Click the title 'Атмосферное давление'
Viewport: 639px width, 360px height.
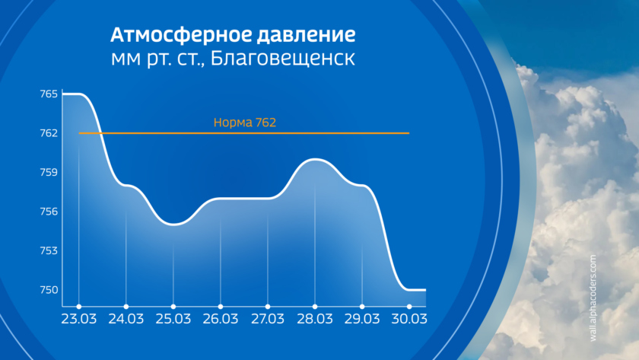[x=233, y=35]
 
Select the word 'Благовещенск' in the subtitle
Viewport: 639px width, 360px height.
[x=282, y=59]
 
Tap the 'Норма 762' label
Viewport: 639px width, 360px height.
[x=245, y=123]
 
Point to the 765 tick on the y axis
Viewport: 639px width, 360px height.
[x=49, y=94]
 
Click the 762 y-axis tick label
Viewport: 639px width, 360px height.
[x=49, y=133]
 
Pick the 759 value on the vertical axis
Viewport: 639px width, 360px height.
[x=49, y=173]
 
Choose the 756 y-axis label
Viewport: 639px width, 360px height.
[x=49, y=212]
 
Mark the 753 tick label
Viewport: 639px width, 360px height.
[x=49, y=250]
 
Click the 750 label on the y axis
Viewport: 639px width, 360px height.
[x=49, y=290]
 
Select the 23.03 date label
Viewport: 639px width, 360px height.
[x=78, y=319]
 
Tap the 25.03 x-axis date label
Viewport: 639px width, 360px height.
[x=173, y=319]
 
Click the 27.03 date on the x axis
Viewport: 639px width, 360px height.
[x=268, y=319]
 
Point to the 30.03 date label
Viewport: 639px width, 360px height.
[x=409, y=319]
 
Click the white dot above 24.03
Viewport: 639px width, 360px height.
[x=126, y=307]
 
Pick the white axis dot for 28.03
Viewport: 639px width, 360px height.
[x=315, y=307]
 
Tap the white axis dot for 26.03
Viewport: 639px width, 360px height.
[x=221, y=307]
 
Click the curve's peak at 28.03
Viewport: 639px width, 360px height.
[x=315, y=159]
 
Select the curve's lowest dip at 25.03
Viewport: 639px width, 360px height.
[x=173, y=225]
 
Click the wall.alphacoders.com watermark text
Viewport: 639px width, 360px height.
[x=593, y=298]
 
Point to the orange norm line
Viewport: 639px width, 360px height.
[x=244, y=133]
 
